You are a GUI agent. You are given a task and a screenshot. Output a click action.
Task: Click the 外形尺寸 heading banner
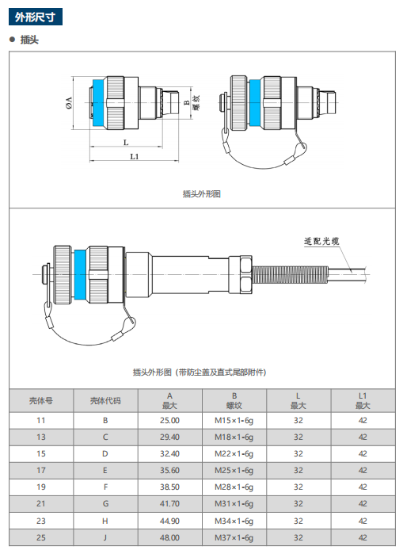pos(36,17)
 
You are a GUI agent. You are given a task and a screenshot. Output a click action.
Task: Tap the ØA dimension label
pos(69,103)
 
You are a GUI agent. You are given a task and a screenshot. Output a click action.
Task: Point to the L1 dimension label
pos(135,156)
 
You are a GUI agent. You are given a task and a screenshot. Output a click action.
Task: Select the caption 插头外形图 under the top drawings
pos(201,193)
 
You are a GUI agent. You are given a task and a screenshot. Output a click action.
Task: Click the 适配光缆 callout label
pos(321,242)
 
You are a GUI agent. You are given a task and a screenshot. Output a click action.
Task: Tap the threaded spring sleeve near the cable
pos(290,274)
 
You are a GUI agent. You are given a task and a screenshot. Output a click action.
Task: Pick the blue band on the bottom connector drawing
pos(80,275)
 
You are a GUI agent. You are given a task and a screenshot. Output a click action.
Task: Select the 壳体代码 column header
pos(105,400)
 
